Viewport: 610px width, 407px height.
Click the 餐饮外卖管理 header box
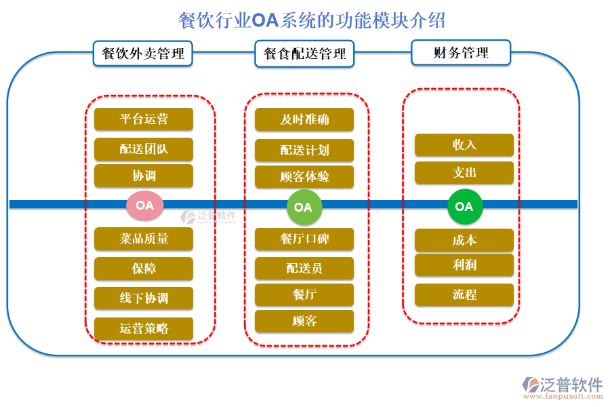coord(142,53)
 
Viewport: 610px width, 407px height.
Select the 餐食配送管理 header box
coord(304,53)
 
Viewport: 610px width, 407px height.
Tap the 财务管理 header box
coord(461,52)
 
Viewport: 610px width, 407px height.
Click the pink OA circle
coord(144,205)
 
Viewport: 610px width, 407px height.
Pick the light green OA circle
coord(304,207)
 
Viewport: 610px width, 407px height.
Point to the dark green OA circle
coord(464,206)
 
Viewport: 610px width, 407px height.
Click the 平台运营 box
coord(144,119)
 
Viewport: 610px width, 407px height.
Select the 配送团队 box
coord(144,149)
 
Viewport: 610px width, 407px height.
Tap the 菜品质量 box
coord(144,239)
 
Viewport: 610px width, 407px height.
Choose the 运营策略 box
coord(144,328)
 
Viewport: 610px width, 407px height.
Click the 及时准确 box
coord(304,119)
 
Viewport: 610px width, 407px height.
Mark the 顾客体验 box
coord(304,177)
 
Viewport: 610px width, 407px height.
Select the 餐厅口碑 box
coord(304,239)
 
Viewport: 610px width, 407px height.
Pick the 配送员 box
coord(304,268)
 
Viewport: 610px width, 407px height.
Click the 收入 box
coord(464,144)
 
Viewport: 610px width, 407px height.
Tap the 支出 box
coord(464,173)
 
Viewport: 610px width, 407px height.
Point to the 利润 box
coord(464,265)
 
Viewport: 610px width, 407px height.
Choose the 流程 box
coord(464,295)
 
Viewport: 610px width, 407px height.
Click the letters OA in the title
coord(265,20)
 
